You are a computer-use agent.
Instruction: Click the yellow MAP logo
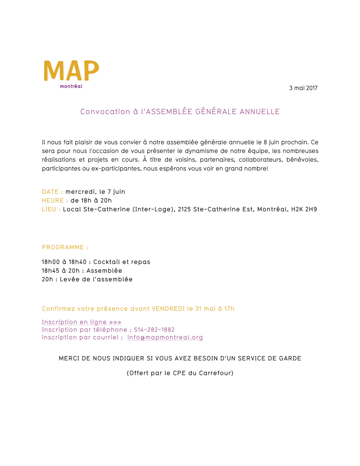click(x=71, y=71)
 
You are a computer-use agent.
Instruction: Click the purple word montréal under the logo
click(x=71, y=86)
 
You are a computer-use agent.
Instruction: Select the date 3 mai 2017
click(x=303, y=88)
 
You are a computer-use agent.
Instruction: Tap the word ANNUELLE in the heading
click(x=259, y=112)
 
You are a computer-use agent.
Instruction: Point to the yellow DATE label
click(x=50, y=192)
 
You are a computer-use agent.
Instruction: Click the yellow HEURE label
click(x=53, y=201)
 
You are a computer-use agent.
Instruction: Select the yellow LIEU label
click(x=49, y=209)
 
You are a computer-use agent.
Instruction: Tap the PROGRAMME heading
click(x=63, y=247)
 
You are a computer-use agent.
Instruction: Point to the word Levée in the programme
click(x=70, y=279)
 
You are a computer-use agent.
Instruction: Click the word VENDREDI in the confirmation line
click(x=168, y=309)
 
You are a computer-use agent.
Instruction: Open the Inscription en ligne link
click(x=82, y=322)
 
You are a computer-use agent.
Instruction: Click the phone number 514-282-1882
click(x=154, y=330)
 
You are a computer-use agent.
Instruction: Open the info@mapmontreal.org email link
click(x=165, y=337)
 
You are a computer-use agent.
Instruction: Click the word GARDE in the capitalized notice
click(x=290, y=359)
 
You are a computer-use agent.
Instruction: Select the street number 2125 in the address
click(x=184, y=209)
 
